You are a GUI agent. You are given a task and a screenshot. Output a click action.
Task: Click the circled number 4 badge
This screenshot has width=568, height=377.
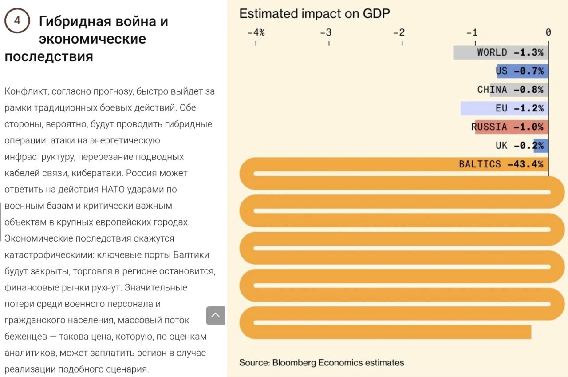(17, 21)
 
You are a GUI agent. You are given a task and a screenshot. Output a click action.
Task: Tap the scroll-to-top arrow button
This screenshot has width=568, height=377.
(216, 315)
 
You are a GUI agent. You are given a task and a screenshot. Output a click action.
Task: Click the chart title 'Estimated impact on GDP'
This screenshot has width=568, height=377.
(314, 13)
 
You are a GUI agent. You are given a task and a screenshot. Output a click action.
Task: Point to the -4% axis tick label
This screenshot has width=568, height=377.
(256, 32)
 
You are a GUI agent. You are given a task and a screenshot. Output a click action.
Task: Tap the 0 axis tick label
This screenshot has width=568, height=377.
(548, 32)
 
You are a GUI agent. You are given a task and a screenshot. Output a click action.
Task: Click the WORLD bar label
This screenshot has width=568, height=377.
(492, 52)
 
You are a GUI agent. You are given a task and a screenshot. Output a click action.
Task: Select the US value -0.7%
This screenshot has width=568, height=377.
(529, 71)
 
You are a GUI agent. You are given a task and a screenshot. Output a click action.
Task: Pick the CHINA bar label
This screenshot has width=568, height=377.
(492, 90)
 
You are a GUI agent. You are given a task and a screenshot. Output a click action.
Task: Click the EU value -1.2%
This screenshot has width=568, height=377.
(529, 108)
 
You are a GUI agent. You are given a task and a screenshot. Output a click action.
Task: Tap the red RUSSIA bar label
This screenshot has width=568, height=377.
(489, 127)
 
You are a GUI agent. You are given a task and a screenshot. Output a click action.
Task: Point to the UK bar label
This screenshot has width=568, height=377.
(501, 146)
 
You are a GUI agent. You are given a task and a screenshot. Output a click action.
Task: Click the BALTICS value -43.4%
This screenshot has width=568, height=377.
(525, 164)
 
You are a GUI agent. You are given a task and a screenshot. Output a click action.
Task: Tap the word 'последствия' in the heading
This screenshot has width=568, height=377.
(49, 57)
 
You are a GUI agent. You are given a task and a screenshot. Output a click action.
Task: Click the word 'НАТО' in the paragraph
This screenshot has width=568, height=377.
(114, 190)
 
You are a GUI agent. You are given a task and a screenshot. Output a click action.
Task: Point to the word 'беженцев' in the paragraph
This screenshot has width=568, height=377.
(26, 337)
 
